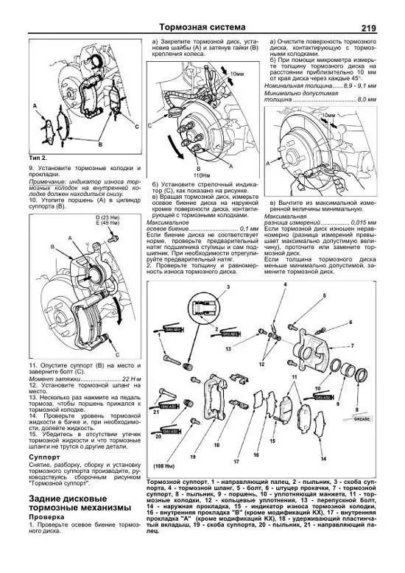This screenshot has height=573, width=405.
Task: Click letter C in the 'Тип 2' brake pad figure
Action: tap(136, 127)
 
